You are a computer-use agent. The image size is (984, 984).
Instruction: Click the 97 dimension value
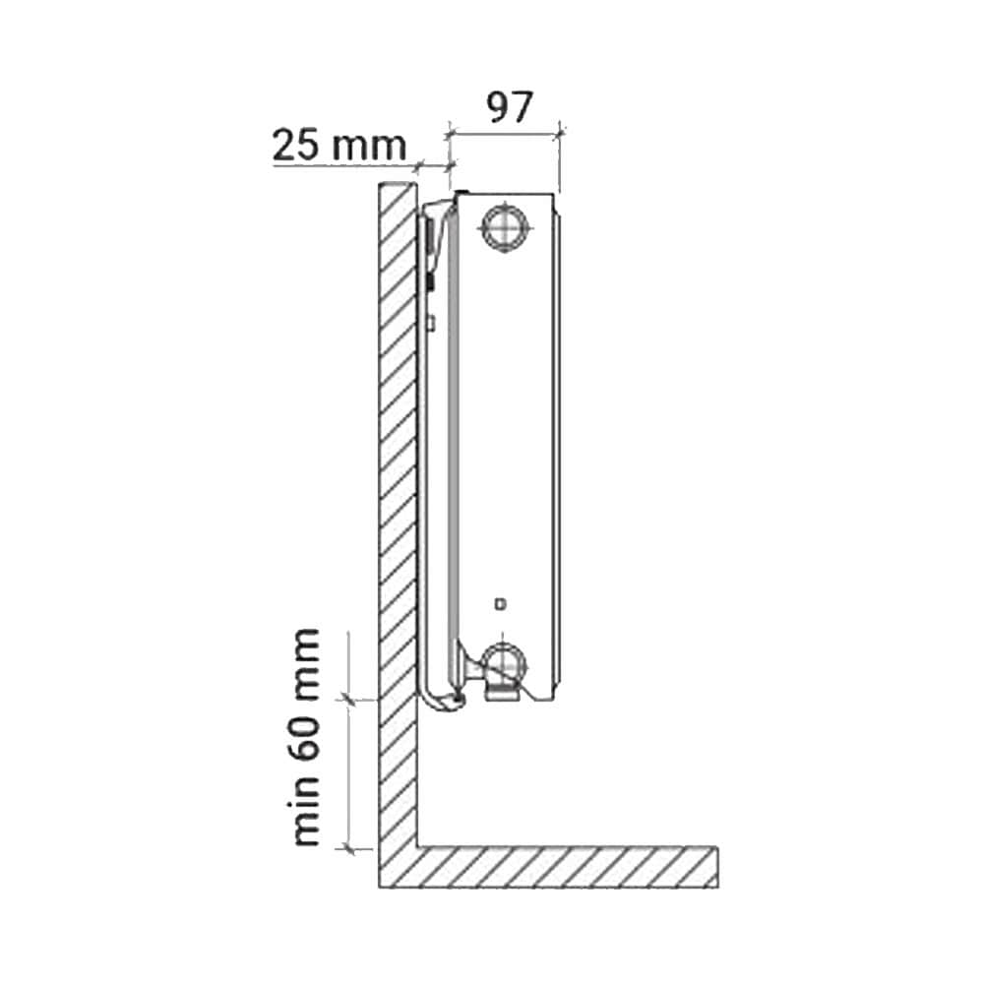510,107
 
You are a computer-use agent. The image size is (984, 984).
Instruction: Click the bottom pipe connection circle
504,666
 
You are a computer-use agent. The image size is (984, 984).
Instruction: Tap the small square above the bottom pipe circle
500,604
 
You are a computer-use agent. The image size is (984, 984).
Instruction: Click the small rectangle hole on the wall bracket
431,323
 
